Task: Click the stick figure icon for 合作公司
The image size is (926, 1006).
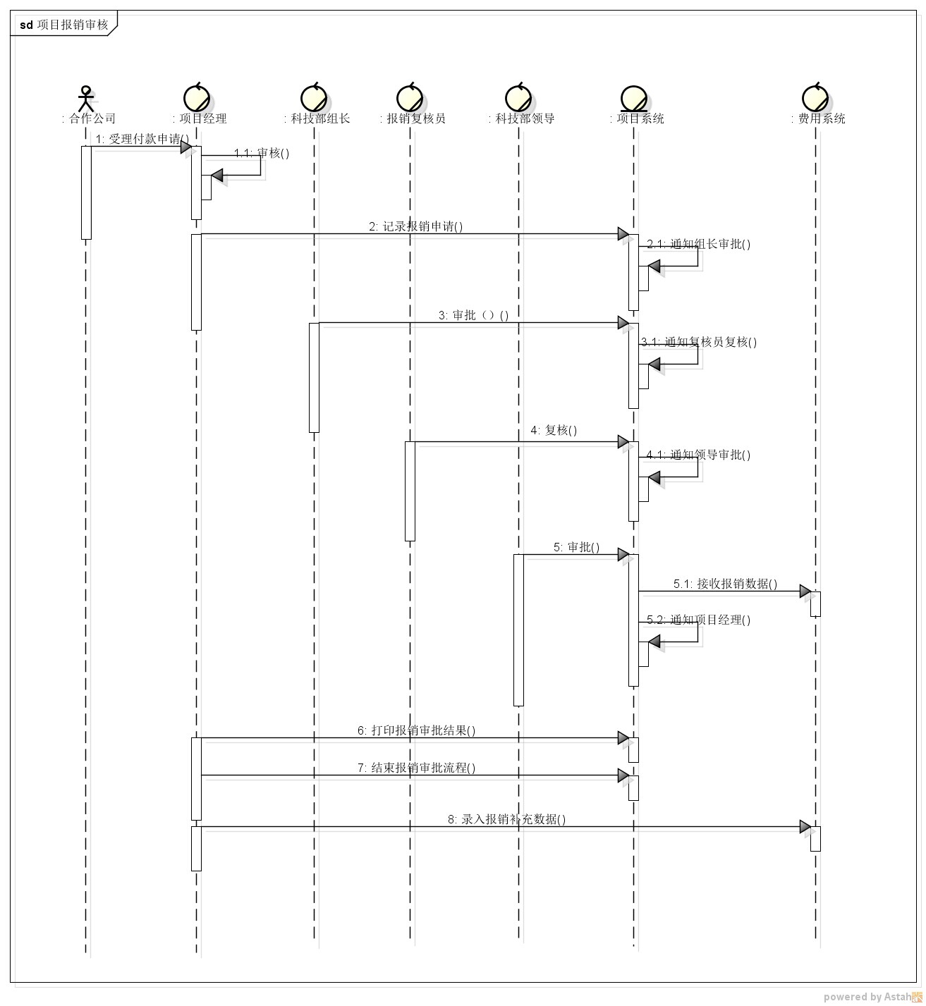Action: point(86,98)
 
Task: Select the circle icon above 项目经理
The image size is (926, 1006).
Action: point(196,97)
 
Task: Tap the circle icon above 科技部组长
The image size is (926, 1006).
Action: point(314,97)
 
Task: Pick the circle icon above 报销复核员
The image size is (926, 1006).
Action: point(410,97)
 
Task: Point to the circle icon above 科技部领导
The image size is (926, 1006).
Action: point(518,97)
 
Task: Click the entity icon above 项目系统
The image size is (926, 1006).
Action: point(633,99)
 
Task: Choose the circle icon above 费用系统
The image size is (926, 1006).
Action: point(815,97)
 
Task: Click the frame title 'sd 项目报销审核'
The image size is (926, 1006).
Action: point(63,25)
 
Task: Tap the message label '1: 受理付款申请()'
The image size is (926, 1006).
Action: point(142,139)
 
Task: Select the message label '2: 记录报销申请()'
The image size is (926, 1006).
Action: point(415,227)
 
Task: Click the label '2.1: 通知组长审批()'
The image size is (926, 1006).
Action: point(699,244)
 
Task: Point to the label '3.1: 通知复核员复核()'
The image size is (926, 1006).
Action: point(699,342)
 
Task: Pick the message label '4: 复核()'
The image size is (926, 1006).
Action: point(554,430)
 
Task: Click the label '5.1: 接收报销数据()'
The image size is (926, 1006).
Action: point(725,584)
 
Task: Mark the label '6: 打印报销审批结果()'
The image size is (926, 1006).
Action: point(417,730)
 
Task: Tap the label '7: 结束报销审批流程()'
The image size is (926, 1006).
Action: point(417,768)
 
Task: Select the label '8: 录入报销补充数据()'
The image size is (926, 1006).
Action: point(507,819)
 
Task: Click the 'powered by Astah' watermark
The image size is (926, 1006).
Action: point(872,996)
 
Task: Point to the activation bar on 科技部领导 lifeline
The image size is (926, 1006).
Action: point(518,630)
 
